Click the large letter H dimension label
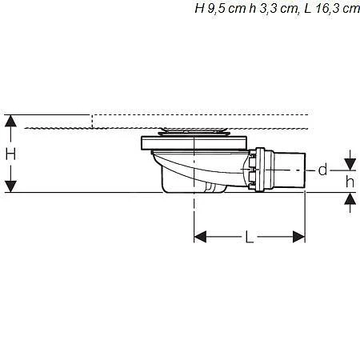tap(10, 154)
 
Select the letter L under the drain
tap(250, 238)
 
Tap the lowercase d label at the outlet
tap(322, 170)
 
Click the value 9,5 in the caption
tap(217, 9)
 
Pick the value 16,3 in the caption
tap(330, 9)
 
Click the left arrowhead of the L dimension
tap(201, 237)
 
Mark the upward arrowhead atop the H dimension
tap(10, 121)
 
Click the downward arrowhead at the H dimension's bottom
tap(10, 186)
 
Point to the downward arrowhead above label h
tap(349, 165)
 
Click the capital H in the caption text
tap(199, 9)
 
